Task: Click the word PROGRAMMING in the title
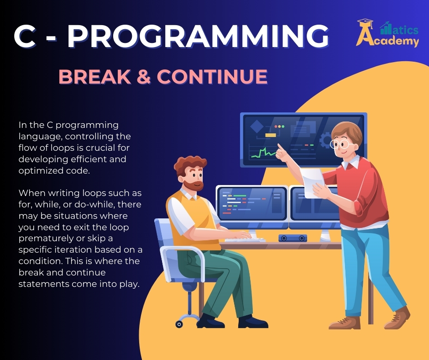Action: pos(198,36)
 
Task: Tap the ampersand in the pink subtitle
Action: pos(144,76)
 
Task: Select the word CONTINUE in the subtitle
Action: pos(212,76)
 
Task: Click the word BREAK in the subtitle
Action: pos(94,76)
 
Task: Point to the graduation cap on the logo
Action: pos(365,22)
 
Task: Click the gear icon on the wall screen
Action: pos(325,140)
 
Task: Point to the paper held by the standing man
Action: pos(312,182)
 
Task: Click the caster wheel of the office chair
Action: pos(179,324)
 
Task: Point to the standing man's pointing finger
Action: pos(279,147)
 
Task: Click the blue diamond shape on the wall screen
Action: pos(257,126)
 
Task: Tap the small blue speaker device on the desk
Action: pos(293,238)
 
